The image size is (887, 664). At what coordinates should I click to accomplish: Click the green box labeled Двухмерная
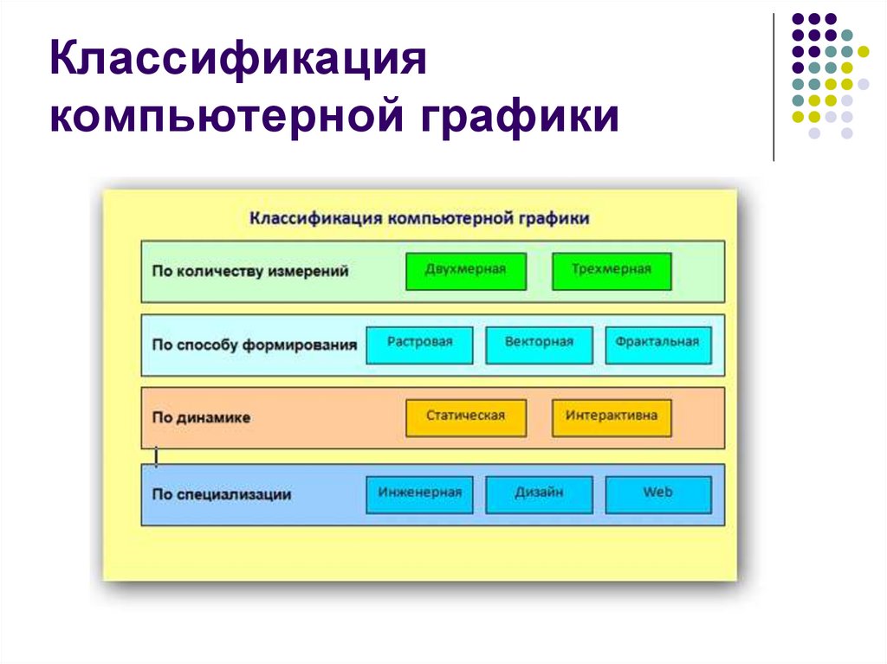point(465,271)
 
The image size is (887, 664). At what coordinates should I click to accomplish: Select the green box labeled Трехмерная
point(611,271)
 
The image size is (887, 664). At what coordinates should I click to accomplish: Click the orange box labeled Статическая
point(465,417)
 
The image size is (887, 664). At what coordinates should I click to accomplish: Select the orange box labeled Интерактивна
point(611,417)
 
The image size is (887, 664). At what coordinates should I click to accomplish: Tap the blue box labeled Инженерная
point(420,494)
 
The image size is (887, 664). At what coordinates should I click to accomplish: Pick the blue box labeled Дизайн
point(539,494)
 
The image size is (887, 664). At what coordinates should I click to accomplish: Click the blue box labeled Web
point(657,494)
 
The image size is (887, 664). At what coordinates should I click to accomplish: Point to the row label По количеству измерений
point(250,271)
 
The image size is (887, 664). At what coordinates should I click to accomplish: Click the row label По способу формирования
point(255,345)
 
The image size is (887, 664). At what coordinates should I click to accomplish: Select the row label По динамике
point(202,417)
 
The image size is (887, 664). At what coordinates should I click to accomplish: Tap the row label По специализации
point(222,495)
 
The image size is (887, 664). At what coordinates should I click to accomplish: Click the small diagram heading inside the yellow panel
point(420,218)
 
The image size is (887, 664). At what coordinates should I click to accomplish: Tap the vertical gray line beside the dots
point(774,87)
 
